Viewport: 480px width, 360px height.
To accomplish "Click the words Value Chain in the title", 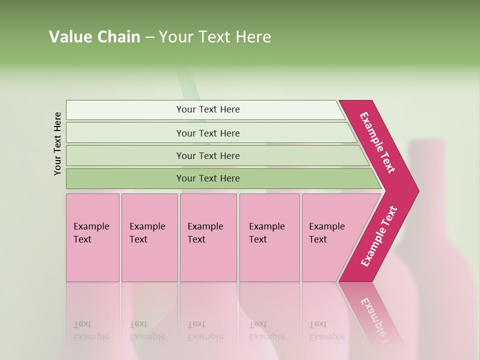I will pos(94,37).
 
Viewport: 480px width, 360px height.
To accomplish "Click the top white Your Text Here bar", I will pos(207,109).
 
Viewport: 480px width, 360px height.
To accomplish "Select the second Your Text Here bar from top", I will pos(207,133).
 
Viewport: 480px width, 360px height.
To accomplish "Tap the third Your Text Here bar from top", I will pos(207,155).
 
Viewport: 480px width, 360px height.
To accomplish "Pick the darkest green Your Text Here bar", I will pos(207,178).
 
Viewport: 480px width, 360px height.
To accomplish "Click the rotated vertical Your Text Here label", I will pos(57,143).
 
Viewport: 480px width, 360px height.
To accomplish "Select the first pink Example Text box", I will pos(92,237).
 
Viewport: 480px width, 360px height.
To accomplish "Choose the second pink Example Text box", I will pos(149,237).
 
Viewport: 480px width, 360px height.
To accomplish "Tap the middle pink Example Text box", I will pos(208,237).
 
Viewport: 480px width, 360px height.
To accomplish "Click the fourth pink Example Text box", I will pos(269,237).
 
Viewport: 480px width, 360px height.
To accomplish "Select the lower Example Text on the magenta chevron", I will pos(379,236).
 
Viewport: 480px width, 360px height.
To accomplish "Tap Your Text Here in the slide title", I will pos(215,37).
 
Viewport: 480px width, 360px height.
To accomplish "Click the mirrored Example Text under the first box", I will pos(91,330).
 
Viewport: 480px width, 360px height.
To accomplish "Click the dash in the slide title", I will pos(149,37).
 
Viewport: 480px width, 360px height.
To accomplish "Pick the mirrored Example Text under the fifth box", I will pos(327,330).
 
